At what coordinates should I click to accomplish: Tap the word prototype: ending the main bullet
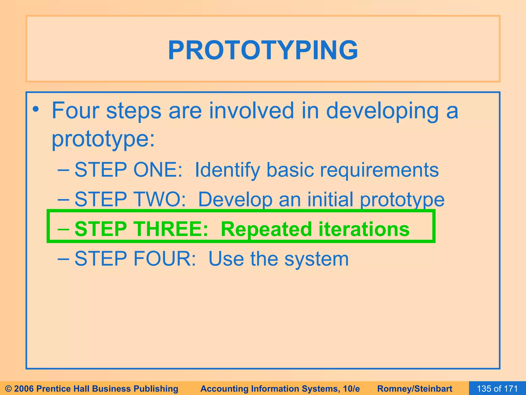(103, 139)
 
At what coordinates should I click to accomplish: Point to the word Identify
(228, 170)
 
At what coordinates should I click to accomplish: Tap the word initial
(330, 199)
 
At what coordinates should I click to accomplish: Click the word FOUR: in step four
(165, 258)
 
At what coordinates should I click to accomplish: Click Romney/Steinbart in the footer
(415, 389)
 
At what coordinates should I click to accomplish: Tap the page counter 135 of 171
(497, 389)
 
